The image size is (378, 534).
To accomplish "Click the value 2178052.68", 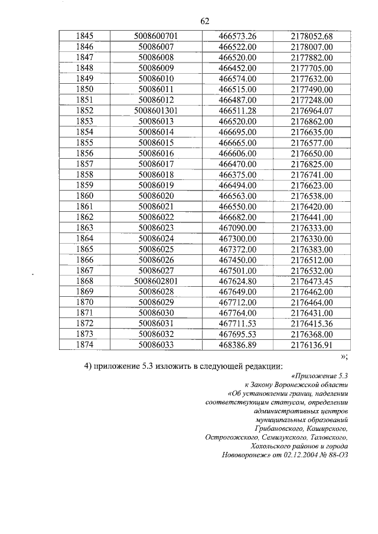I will tap(312, 36).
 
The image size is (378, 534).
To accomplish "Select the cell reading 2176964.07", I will tap(312, 110).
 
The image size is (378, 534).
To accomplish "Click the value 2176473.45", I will tap(312, 280).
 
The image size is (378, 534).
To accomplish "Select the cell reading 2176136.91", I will tap(312, 344).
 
